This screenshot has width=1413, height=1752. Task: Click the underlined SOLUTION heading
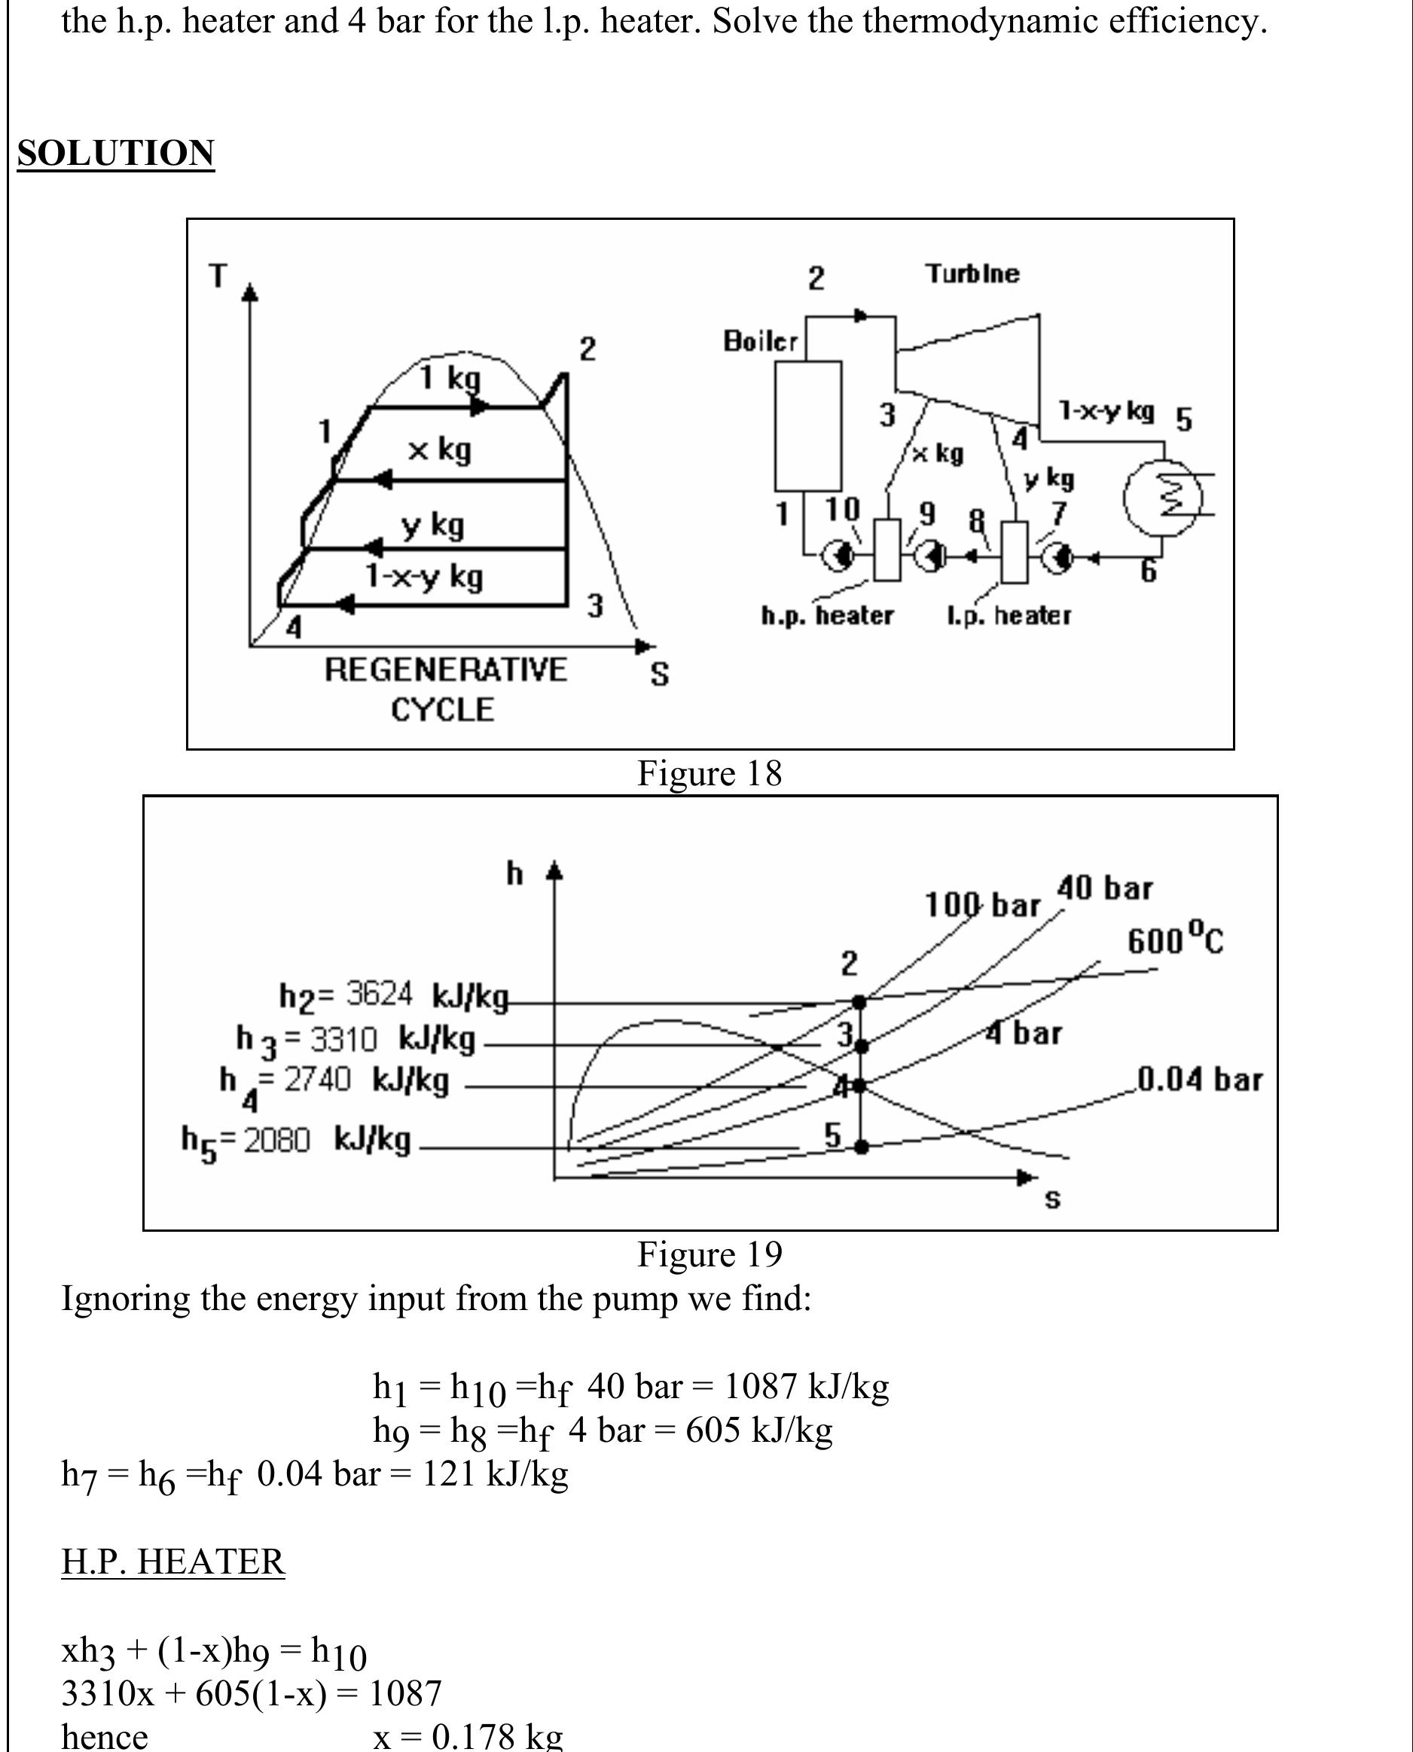pyautogui.click(x=115, y=154)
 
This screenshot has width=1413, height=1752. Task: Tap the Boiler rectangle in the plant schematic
pyautogui.click(x=807, y=425)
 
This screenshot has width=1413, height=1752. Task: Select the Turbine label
pyautogui.click(x=972, y=273)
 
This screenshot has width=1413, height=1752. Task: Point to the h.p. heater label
pyautogui.click(x=827, y=616)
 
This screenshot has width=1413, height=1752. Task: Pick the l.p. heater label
pyautogui.click(x=1009, y=616)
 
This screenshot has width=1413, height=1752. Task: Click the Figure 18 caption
pyautogui.click(x=709, y=773)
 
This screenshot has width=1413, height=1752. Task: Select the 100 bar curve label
pyautogui.click(x=981, y=905)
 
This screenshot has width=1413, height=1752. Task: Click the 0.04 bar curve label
pyautogui.click(x=1199, y=1080)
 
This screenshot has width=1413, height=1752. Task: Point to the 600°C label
pyautogui.click(x=1174, y=939)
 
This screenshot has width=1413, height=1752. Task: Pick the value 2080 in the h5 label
pyautogui.click(x=276, y=1141)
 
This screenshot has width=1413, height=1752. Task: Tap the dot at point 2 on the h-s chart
pyautogui.click(x=859, y=1001)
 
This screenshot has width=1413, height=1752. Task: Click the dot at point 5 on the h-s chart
pyautogui.click(x=862, y=1147)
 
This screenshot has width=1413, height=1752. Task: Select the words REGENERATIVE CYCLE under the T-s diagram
pyautogui.click(x=444, y=689)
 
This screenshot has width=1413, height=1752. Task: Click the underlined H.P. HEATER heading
pyautogui.click(x=172, y=1562)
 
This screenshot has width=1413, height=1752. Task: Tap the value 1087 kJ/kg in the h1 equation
pyautogui.click(x=806, y=1386)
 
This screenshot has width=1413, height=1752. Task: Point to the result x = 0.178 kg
pyautogui.click(x=467, y=1736)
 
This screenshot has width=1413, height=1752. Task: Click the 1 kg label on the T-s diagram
pyautogui.click(x=450, y=379)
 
